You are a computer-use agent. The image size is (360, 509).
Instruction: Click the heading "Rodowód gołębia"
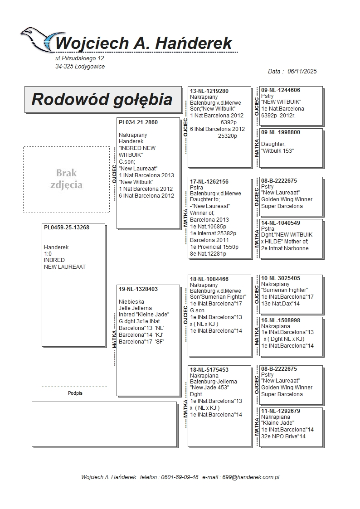(x=102, y=99)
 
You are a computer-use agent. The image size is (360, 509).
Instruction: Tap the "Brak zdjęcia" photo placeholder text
(x=66, y=179)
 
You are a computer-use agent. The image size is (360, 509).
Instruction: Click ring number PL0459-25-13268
(x=67, y=228)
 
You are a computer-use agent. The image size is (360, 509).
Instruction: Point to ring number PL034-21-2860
(x=138, y=122)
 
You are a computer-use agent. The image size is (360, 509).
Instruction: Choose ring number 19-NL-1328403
(x=138, y=289)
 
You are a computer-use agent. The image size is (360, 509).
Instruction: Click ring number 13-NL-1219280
(x=209, y=91)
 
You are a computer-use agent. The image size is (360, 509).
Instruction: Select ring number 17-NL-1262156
(x=209, y=182)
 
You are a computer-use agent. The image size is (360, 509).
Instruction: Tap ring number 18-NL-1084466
(x=209, y=279)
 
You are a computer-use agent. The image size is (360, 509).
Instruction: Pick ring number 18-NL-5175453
(x=209, y=370)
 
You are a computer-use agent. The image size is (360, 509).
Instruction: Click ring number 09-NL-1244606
(x=281, y=90)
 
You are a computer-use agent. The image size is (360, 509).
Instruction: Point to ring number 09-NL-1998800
(x=281, y=132)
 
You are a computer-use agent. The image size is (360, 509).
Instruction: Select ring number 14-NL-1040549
(x=281, y=223)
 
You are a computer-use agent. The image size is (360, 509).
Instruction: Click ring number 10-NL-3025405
(x=281, y=278)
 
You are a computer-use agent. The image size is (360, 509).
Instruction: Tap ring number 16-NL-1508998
(x=281, y=320)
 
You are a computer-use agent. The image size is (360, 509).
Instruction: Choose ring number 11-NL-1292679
(x=281, y=411)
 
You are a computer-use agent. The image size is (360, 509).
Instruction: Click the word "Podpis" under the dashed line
(x=75, y=393)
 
